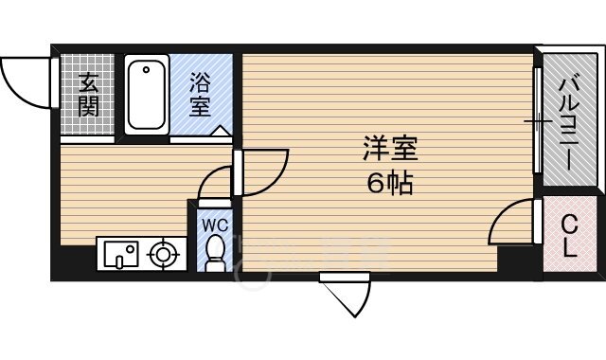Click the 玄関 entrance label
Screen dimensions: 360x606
[88, 94]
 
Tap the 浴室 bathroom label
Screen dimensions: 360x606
[199, 94]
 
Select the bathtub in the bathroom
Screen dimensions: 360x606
[147, 94]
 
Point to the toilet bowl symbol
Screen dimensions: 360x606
[215, 252]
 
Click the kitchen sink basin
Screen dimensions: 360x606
[121, 253]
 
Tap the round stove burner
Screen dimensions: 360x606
[164, 253]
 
